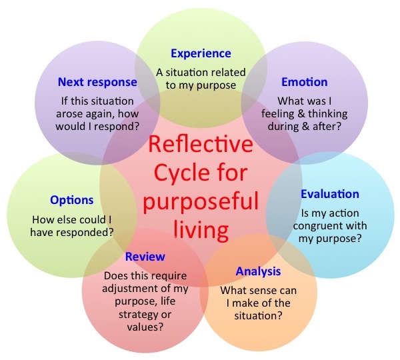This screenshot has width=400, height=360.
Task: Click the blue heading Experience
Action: click(201, 53)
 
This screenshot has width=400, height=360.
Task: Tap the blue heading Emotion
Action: click(304, 82)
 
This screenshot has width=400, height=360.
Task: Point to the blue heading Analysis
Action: click(258, 271)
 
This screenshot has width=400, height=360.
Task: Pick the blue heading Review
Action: click(145, 257)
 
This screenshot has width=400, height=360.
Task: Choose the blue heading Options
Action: click(71, 200)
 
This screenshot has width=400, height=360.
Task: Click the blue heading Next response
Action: click(97, 83)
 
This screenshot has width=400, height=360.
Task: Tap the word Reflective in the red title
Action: click(201, 144)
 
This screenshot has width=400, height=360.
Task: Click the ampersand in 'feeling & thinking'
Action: click(307, 112)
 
